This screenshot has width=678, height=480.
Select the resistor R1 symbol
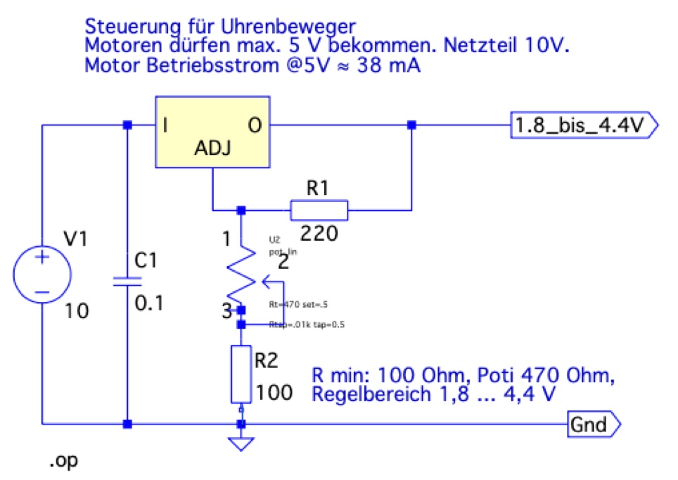[x=319, y=210]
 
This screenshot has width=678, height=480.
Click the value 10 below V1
[x=77, y=311]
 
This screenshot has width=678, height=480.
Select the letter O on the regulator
[x=255, y=127]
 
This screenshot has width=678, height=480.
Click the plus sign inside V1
[x=43, y=258]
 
